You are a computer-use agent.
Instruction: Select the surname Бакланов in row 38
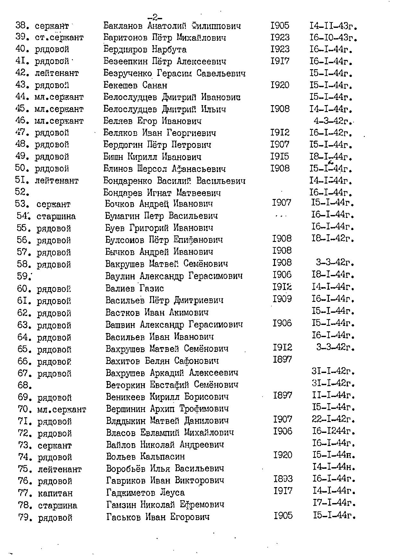click(124, 26)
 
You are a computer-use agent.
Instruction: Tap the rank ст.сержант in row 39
click(59, 37)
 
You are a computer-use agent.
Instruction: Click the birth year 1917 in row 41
click(280, 61)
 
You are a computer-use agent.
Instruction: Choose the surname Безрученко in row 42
click(128, 73)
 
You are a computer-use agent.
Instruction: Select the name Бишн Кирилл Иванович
click(152, 157)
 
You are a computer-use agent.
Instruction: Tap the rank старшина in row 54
click(56, 216)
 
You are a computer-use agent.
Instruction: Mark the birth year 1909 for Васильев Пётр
click(282, 299)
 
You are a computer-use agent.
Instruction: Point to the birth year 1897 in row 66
click(282, 360)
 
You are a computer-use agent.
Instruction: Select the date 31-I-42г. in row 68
click(333, 383)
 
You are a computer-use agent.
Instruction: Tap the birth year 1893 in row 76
click(283, 479)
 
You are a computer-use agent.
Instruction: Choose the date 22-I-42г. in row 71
click(333, 419)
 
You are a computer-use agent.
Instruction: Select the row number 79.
click(25, 518)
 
